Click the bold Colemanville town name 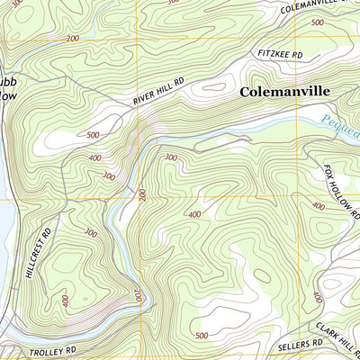pos(284,92)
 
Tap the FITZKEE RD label pos(279,54)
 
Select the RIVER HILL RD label pos(158,92)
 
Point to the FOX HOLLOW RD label pos(338,189)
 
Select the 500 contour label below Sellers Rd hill pos(201,335)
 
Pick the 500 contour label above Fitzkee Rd pos(317,22)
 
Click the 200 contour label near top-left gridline pos(73,39)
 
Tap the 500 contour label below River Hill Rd pos(93,135)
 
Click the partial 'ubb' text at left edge pos(9,78)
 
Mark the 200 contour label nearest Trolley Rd pos(139,296)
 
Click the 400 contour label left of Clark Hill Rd pos(317,297)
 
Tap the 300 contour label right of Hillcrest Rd pos(89,233)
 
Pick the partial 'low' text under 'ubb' pos(8,94)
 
